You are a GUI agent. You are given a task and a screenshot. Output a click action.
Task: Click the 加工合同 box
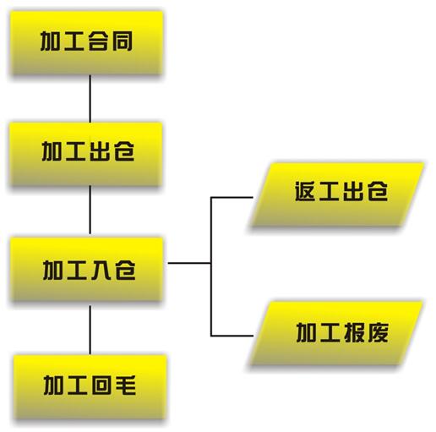[87, 43]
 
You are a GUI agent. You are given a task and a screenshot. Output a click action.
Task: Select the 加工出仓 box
[86, 154]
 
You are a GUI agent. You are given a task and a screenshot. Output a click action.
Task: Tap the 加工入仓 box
[87, 270]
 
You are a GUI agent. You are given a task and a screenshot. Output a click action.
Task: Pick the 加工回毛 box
[90, 387]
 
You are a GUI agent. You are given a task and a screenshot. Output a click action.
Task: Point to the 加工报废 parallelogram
[336, 333]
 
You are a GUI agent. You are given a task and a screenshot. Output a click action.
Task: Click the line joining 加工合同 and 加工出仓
[90, 99]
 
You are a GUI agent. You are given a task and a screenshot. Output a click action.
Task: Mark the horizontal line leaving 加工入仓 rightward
[189, 263]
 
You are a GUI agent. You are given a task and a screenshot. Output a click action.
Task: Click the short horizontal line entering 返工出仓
[232, 197]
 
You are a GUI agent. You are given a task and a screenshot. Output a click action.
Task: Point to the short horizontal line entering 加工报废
[232, 336]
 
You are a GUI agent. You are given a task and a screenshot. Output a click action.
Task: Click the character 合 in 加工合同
[98, 41]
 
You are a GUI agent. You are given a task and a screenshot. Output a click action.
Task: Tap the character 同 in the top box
[123, 41]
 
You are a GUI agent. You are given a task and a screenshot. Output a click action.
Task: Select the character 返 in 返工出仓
[304, 191]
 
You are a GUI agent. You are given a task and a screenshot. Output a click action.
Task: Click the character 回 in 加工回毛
[101, 385]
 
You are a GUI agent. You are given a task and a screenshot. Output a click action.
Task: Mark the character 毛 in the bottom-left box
[126, 385]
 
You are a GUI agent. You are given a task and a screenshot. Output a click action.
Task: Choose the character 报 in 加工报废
[354, 332]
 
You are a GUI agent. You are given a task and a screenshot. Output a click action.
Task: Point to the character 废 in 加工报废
[379, 332]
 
